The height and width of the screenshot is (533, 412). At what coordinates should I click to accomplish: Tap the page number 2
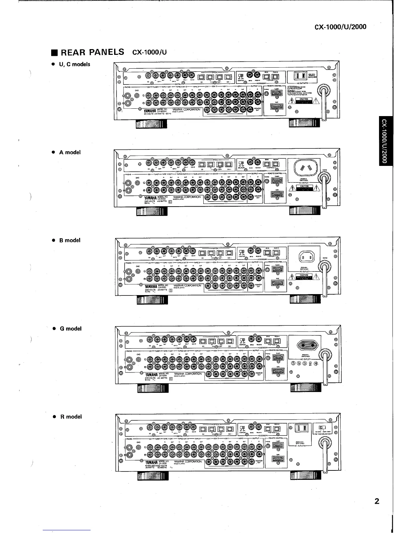377,501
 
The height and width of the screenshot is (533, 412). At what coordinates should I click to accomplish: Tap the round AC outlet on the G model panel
306,346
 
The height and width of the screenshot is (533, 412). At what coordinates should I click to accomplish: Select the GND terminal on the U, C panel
136,96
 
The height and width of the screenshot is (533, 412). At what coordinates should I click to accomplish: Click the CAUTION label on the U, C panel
304,99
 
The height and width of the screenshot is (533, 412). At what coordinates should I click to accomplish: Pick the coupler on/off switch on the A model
241,162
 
